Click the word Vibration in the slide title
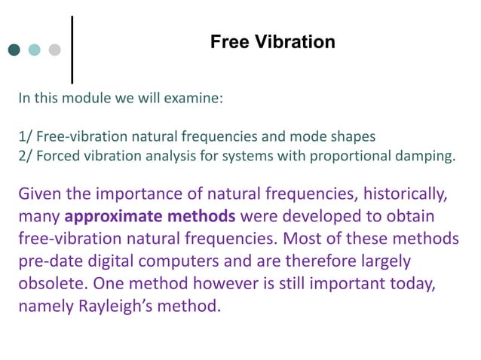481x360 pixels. (298, 42)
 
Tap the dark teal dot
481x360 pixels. (14, 50)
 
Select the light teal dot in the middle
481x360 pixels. (34, 50)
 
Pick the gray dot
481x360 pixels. (54, 50)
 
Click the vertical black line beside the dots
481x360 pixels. (72, 48)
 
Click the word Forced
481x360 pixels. (57, 156)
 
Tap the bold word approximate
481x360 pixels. (107, 218)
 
